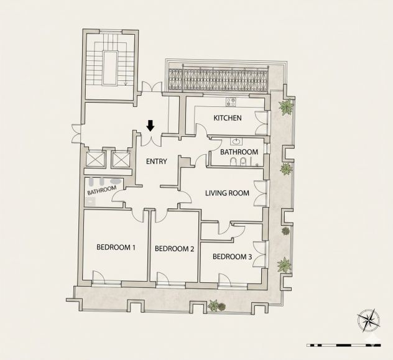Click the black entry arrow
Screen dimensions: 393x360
150,126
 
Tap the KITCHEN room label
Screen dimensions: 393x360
228,118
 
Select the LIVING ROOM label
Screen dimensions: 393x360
227,193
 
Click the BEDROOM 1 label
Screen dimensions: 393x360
116,247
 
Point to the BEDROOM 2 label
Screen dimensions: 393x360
175,249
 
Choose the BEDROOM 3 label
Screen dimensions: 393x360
232,257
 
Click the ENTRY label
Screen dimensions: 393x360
157,161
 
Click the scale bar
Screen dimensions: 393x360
344,345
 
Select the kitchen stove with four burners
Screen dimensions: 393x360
231,102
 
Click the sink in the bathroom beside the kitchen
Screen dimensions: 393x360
236,142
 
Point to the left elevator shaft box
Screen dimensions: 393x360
95,159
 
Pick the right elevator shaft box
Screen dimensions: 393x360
121,159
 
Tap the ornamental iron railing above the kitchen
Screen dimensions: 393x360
218,80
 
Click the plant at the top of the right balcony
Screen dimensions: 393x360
286,107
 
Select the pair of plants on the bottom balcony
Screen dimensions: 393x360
217,306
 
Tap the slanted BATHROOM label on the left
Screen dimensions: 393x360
102,190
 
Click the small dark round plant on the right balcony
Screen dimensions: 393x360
285,231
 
